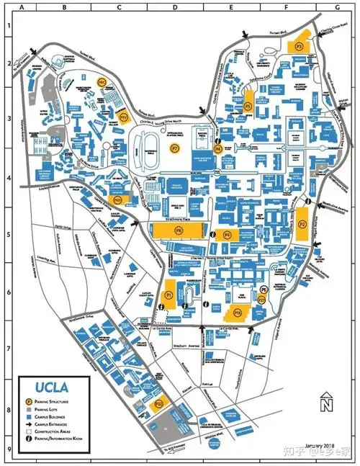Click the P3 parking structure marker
click(x=300, y=45)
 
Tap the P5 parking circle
click(x=248, y=106)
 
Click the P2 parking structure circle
click(x=303, y=224)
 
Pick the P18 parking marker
click(x=237, y=313)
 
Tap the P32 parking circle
click(x=160, y=405)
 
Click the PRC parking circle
click(x=102, y=83)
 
